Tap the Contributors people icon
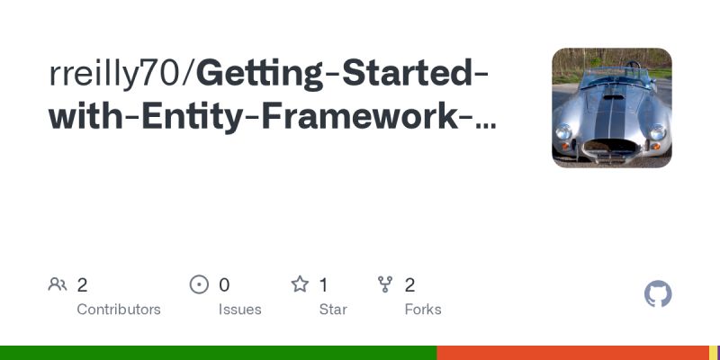(x=58, y=285)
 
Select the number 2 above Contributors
(x=82, y=285)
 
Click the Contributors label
(x=119, y=310)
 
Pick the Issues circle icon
(x=199, y=285)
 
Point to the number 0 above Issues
(x=224, y=285)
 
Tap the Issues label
(x=239, y=310)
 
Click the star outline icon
(x=300, y=285)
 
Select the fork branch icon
(x=385, y=285)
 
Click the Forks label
(x=423, y=310)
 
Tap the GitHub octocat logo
(x=658, y=294)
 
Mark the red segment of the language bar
(x=572, y=353)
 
